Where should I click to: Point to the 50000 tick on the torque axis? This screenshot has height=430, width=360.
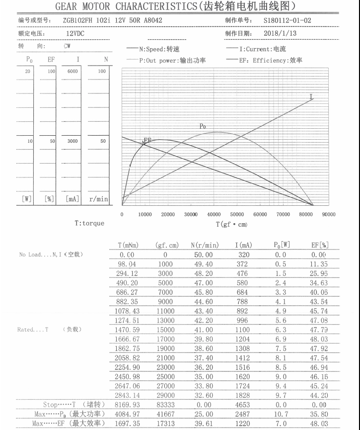pos(237,214)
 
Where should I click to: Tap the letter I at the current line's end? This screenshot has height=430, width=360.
pos(311,96)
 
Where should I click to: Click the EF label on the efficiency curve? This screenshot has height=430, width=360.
pos(147,140)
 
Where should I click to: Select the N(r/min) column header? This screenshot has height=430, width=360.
pos(204,245)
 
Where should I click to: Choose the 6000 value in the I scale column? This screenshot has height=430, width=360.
pos(72,72)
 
